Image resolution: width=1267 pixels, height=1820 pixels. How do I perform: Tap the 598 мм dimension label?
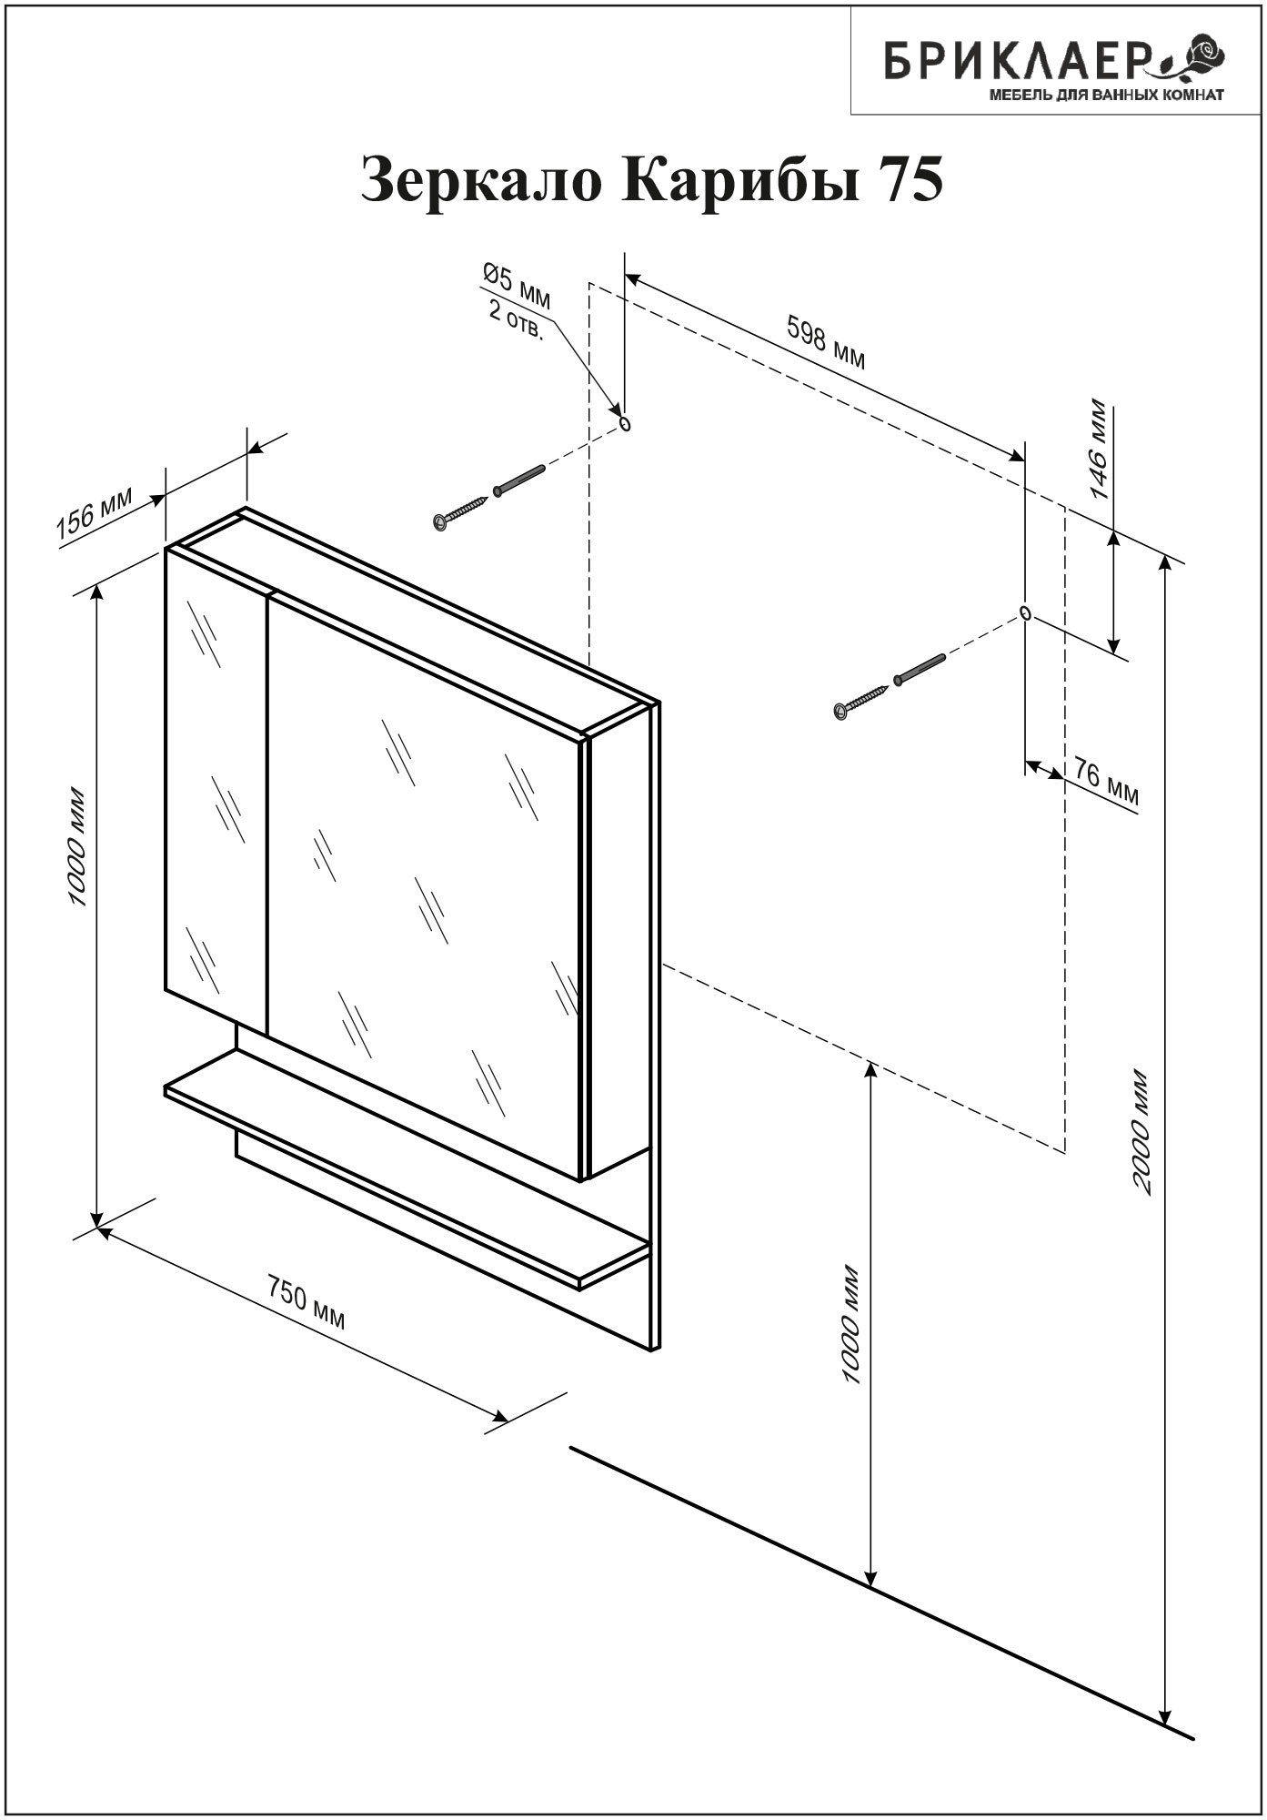(825, 343)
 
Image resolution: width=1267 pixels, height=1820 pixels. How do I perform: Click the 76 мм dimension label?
(1105, 781)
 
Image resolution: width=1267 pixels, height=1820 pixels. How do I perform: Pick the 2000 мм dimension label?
(1141, 1134)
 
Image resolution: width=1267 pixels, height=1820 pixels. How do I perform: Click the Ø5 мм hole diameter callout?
(517, 283)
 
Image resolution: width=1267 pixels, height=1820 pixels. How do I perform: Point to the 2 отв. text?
(516, 320)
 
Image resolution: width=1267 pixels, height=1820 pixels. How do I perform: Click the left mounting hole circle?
(625, 424)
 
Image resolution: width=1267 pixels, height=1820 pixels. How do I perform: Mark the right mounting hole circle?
(1025, 612)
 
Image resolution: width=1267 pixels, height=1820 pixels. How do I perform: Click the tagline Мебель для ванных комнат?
(1106, 94)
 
